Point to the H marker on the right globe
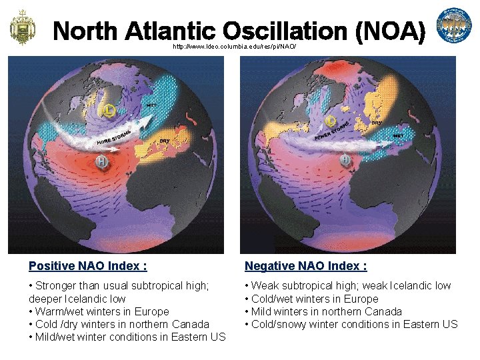pyautogui.click(x=345, y=160)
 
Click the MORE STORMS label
pyautogui.click(x=113, y=138)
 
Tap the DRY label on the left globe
pyautogui.click(x=164, y=141)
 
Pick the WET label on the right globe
pyautogui.click(x=398, y=135)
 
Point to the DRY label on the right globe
pyautogui.click(x=376, y=123)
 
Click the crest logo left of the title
pyautogui.click(x=22, y=27)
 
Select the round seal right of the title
pyautogui.click(x=453, y=27)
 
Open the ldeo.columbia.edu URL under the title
pyautogui.click(x=234, y=47)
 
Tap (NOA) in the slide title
pyautogui.click(x=390, y=31)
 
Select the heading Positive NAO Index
pyautogui.click(x=88, y=266)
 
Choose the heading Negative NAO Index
pyautogui.click(x=306, y=266)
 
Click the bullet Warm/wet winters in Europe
pyautogui.click(x=99, y=311)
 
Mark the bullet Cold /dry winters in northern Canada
pyautogui.click(x=119, y=324)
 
